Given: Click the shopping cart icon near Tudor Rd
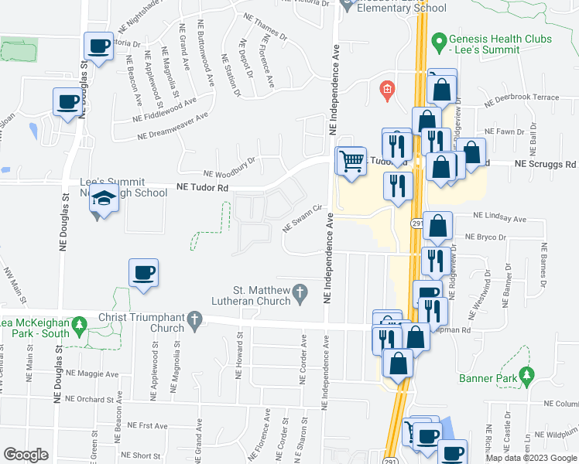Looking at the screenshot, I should coord(351,161).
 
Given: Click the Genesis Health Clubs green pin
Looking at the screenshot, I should coord(440,39).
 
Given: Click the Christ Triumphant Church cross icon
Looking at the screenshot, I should coord(194,318).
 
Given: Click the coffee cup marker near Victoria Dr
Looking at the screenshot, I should coord(98,47).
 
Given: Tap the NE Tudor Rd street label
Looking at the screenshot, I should coord(204,187).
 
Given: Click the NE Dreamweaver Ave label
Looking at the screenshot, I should coord(173,127).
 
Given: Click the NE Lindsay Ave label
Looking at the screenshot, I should coord(499,219).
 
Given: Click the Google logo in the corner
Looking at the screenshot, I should coord(26,455).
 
